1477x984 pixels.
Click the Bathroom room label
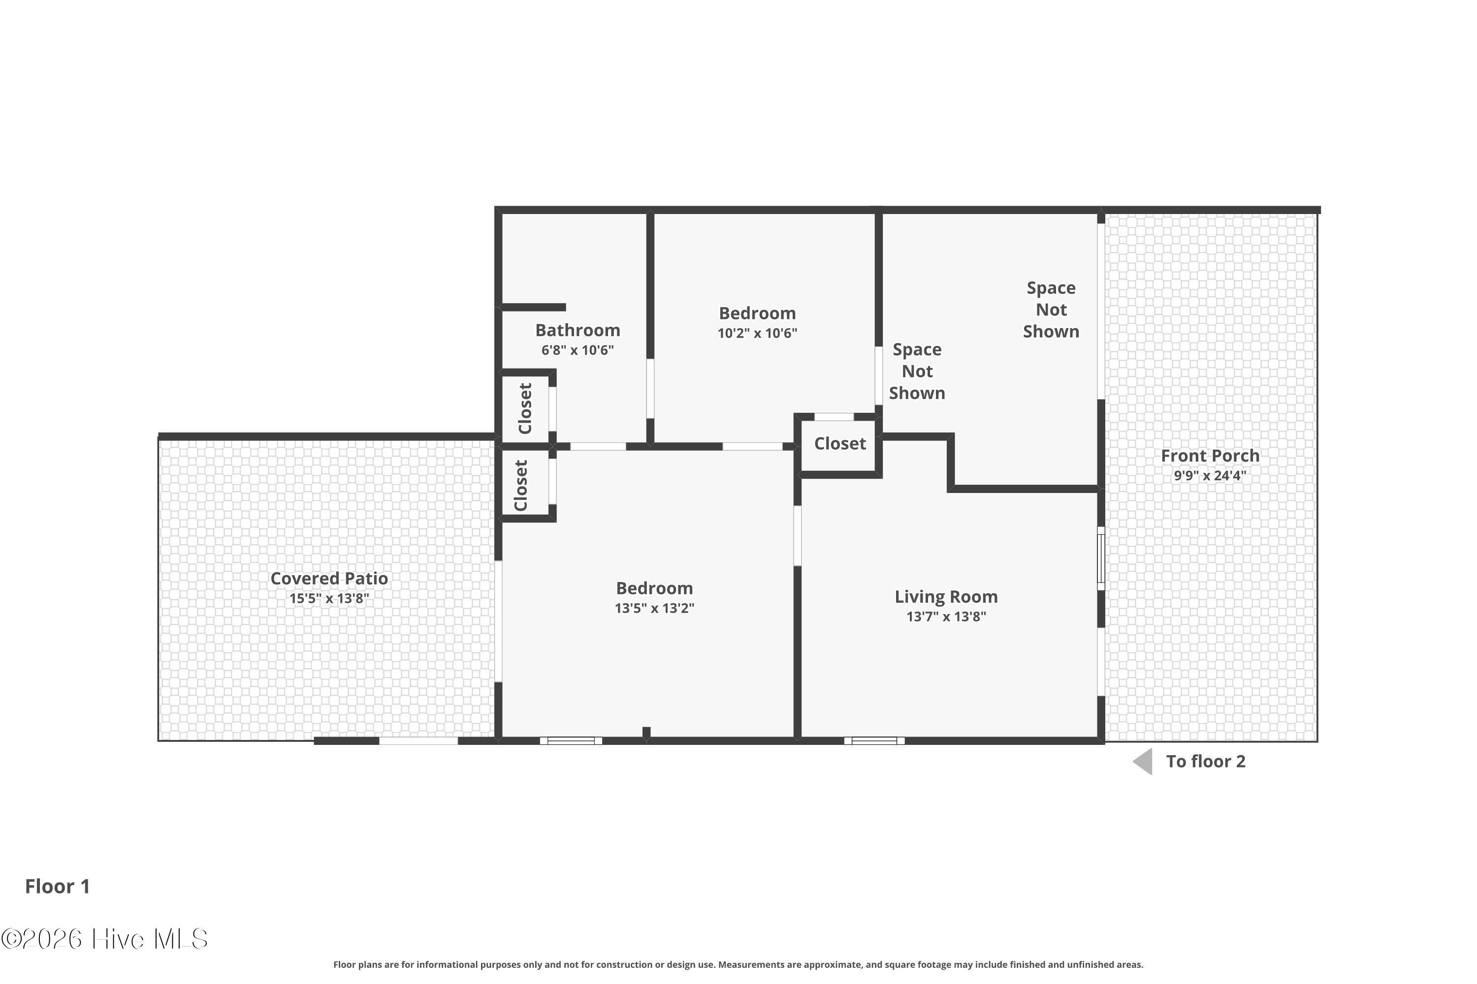pos(577,330)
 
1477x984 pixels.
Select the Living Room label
pos(946,597)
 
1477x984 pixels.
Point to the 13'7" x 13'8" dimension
pos(946,616)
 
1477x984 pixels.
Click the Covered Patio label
pos(329,579)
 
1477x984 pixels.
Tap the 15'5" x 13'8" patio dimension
pos(329,598)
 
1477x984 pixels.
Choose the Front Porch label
pos(1210,456)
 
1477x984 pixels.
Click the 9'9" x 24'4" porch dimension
pos(1210,475)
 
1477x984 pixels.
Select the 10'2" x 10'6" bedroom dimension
pos(757,333)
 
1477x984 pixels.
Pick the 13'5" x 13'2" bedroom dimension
pos(654,608)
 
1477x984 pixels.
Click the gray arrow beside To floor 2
pos(1144,761)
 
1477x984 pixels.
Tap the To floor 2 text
pos(1206,761)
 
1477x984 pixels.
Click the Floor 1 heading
pos(58,886)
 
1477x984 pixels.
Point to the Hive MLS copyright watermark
pos(104,939)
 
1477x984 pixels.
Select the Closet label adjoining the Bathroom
pos(525,408)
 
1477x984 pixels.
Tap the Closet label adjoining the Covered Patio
pos(520,486)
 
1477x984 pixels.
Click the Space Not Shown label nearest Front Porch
pos(1051,309)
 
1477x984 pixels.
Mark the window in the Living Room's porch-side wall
pos(1101,558)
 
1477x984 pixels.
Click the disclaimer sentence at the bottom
pos(738,964)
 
